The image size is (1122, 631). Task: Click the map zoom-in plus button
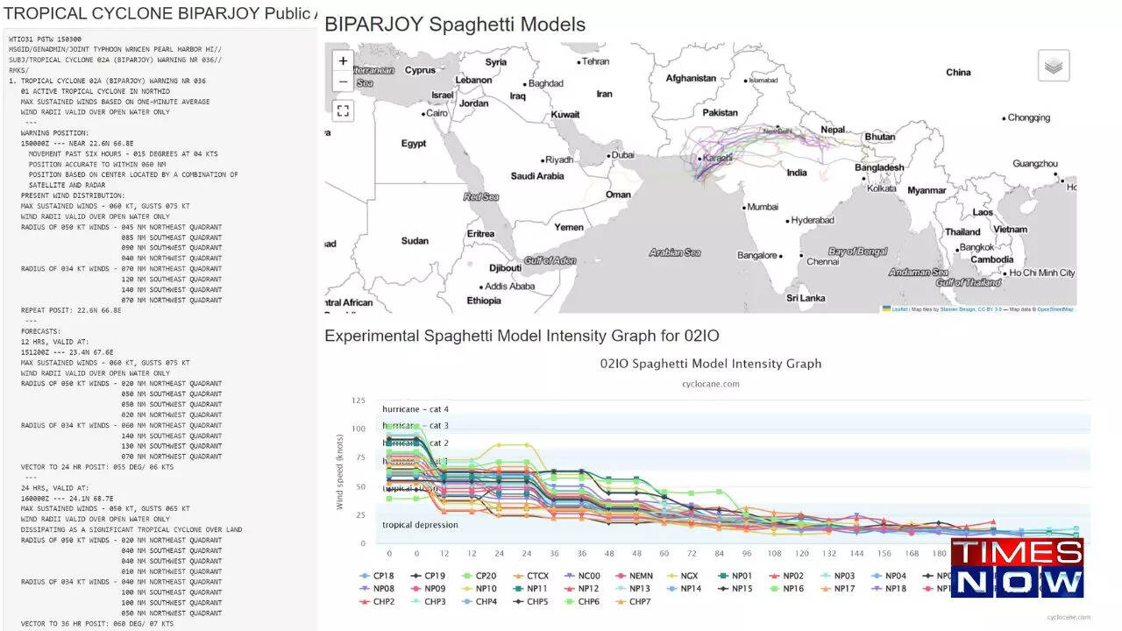(343, 61)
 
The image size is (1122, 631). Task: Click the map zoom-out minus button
(343, 82)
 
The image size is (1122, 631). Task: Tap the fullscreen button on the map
(343, 110)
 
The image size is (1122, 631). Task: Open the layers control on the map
(1054, 66)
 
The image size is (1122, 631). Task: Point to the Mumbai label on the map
(762, 207)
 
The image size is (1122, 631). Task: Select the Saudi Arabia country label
(537, 176)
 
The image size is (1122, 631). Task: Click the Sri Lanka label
(805, 298)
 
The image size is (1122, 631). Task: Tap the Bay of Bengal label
(857, 252)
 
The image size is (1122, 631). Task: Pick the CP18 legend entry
(384, 576)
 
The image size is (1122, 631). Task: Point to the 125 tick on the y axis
(358, 401)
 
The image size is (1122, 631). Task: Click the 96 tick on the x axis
(746, 554)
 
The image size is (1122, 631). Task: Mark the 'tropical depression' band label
(420, 525)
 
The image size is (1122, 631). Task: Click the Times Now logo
(1017, 568)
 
